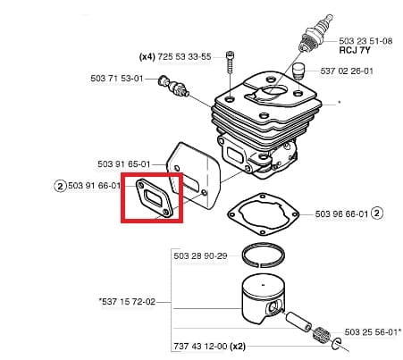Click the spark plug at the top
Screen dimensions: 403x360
point(315,34)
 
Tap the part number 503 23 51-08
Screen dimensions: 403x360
point(365,41)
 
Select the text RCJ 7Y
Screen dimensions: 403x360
point(355,50)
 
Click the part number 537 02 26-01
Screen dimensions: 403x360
point(347,71)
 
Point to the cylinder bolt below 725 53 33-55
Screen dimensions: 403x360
point(230,63)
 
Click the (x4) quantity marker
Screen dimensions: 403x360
point(147,56)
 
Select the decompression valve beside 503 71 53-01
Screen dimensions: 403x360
point(174,87)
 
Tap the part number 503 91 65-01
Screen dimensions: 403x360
point(124,164)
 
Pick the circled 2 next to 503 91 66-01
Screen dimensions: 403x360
point(60,187)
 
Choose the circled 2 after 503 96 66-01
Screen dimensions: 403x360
point(377,213)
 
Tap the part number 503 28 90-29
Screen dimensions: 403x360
point(200,255)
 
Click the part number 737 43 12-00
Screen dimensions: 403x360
point(200,346)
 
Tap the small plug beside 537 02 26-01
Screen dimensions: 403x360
point(298,71)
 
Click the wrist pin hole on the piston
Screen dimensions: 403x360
point(273,308)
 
